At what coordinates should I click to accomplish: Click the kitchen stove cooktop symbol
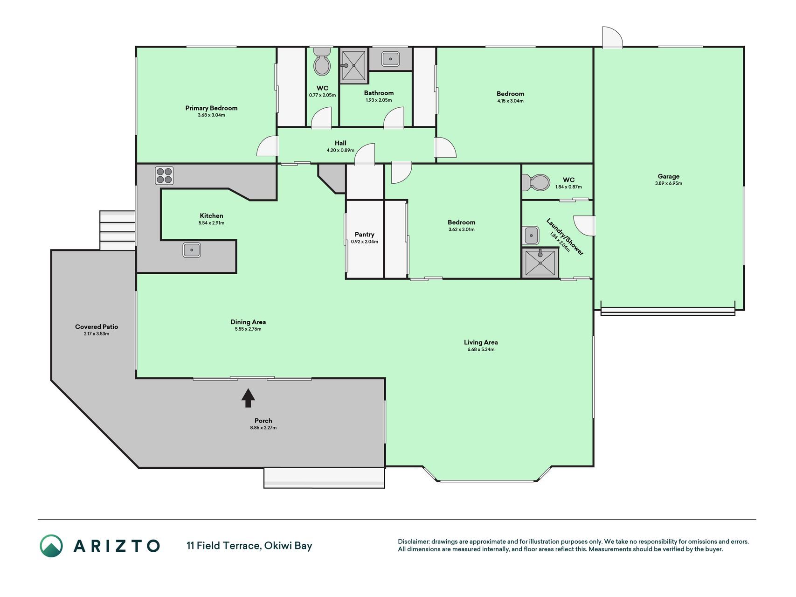[x=164, y=176]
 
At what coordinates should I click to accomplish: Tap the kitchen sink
[x=192, y=250]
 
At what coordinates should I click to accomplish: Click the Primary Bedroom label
[x=211, y=108]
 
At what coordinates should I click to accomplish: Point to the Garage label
[x=669, y=176]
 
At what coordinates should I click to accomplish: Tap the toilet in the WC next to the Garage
[x=536, y=182]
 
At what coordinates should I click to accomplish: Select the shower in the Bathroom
[x=354, y=66]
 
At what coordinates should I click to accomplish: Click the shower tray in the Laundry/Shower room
[x=540, y=263]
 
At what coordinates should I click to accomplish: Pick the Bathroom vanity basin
[x=390, y=59]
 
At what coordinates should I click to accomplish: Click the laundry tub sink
[x=532, y=236]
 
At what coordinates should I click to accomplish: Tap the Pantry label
[x=365, y=235]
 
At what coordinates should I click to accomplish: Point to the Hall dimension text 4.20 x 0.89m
[x=340, y=150]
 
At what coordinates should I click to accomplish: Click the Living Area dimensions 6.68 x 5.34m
[x=481, y=349]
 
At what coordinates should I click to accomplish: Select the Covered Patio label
[x=97, y=326]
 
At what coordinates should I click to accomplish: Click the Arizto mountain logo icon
[x=51, y=546]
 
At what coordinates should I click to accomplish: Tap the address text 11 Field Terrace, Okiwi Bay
[x=249, y=546]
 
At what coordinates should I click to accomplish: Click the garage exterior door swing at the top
[x=612, y=37]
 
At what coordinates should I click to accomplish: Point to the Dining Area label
[x=248, y=322]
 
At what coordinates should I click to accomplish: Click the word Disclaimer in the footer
[x=413, y=541]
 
